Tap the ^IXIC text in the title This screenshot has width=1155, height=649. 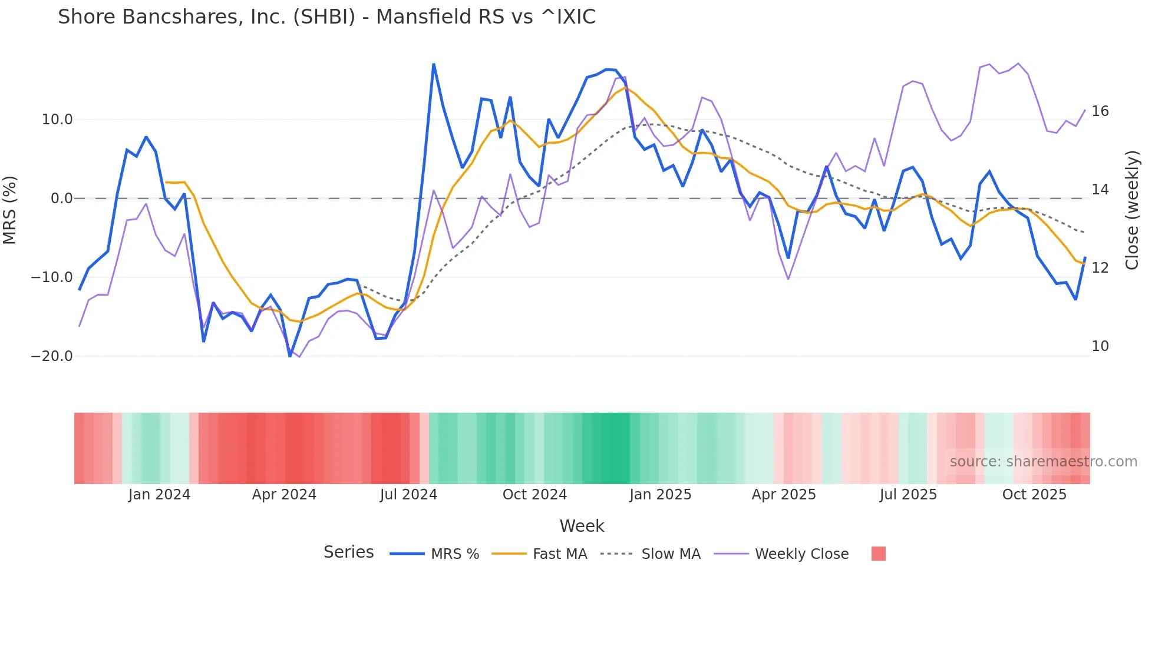pos(568,17)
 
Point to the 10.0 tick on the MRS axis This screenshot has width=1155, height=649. pos(57,120)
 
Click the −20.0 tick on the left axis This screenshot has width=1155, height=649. pos(52,356)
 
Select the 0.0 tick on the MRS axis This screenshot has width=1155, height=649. pos(61,198)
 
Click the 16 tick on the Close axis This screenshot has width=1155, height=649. pos(1100,111)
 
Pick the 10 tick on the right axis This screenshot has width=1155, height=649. pos(1100,346)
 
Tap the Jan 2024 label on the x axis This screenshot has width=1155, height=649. pos(159,495)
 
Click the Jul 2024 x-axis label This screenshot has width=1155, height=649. pos(408,495)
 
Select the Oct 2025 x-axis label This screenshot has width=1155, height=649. pos(1034,495)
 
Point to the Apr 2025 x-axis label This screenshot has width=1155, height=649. pos(784,495)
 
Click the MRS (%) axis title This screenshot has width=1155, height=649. pos(10,210)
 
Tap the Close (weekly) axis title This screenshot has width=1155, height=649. pos(1132,210)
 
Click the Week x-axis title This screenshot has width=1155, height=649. pos(582,526)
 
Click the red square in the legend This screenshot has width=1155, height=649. pos(878,554)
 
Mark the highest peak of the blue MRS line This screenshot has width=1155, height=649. pos(434,64)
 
